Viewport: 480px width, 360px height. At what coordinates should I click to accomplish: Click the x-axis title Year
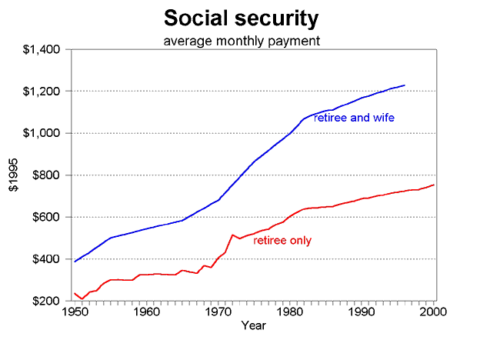pyautogui.click(x=254, y=326)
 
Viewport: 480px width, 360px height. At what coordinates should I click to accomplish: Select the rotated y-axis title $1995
pyautogui.click(x=13, y=175)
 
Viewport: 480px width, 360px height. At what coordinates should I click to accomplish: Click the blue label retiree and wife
pyautogui.click(x=355, y=118)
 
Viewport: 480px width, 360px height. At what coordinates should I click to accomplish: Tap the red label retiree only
pyautogui.click(x=282, y=241)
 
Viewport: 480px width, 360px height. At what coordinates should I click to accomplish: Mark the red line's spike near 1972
pyautogui.click(x=232, y=235)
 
